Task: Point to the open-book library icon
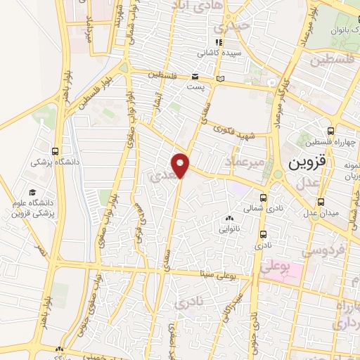[x=221, y=77]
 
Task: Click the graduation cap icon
[x=32, y=192]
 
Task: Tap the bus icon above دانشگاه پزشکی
[x=56, y=150]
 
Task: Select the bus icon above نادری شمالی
[x=263, y=198]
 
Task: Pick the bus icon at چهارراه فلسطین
[x=330, y=130]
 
